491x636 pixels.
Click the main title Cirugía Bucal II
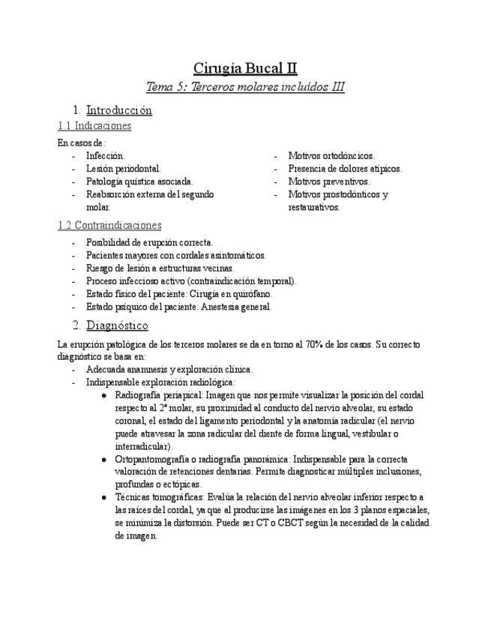(x=245, y=69)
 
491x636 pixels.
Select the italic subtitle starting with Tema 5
(x=245, y=87)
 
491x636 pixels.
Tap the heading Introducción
(x=118, y=110)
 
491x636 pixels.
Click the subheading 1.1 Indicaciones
(x=94, y=126)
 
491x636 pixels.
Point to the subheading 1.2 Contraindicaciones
(x=109, y=225)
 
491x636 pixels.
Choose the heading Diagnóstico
(x=117, y=325)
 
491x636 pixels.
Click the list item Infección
(x=106, y=156)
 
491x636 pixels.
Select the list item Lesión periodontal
(x=124, y=169)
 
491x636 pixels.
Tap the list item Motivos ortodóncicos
(x=331, y=156)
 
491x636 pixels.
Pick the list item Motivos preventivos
(x=329, y=181)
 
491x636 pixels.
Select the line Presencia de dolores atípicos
(x=345, y=169)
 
